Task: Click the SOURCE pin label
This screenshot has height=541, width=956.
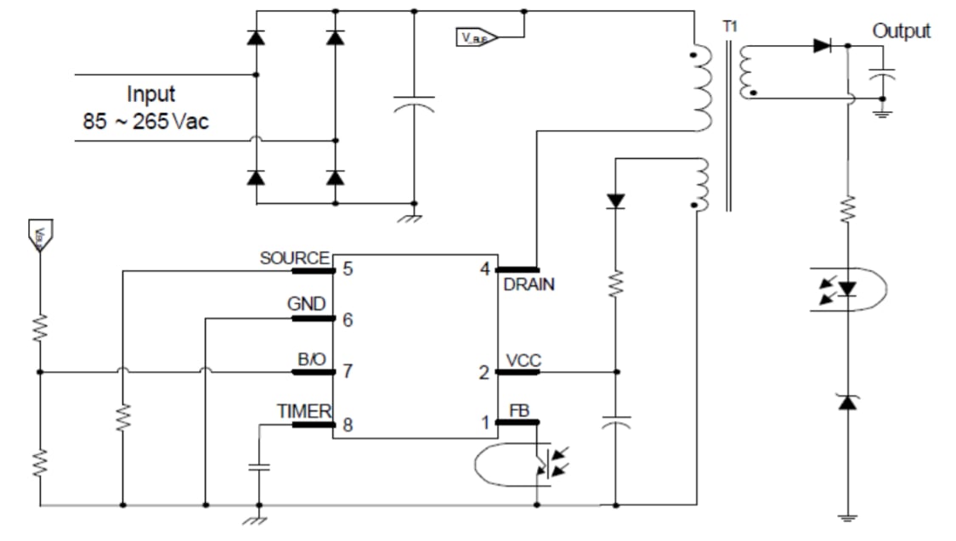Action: (294, 258)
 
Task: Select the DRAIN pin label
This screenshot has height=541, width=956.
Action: (529, 285)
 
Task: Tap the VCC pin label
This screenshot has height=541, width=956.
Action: (523, 361)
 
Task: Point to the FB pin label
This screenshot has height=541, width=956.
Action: (519, 411)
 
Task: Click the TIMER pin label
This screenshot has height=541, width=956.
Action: (303, 411)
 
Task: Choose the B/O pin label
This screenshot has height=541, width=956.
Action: (311, 359)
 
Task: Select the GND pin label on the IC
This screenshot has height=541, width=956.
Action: (306, 304)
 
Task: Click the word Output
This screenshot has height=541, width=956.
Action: (901, 31)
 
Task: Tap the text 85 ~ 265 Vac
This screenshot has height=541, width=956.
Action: (145, 121)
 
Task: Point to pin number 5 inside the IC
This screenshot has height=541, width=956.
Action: (347, 271)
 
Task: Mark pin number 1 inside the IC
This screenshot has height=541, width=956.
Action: (486, 423)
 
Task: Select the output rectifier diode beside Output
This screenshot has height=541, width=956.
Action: (821, 46)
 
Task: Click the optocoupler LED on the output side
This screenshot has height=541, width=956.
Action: (846, 290)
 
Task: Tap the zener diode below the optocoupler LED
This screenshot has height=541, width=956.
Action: (846, 402)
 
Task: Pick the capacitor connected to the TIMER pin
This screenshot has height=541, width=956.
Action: (259, 466)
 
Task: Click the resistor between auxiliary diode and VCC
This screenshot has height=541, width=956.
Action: (615, 284)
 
